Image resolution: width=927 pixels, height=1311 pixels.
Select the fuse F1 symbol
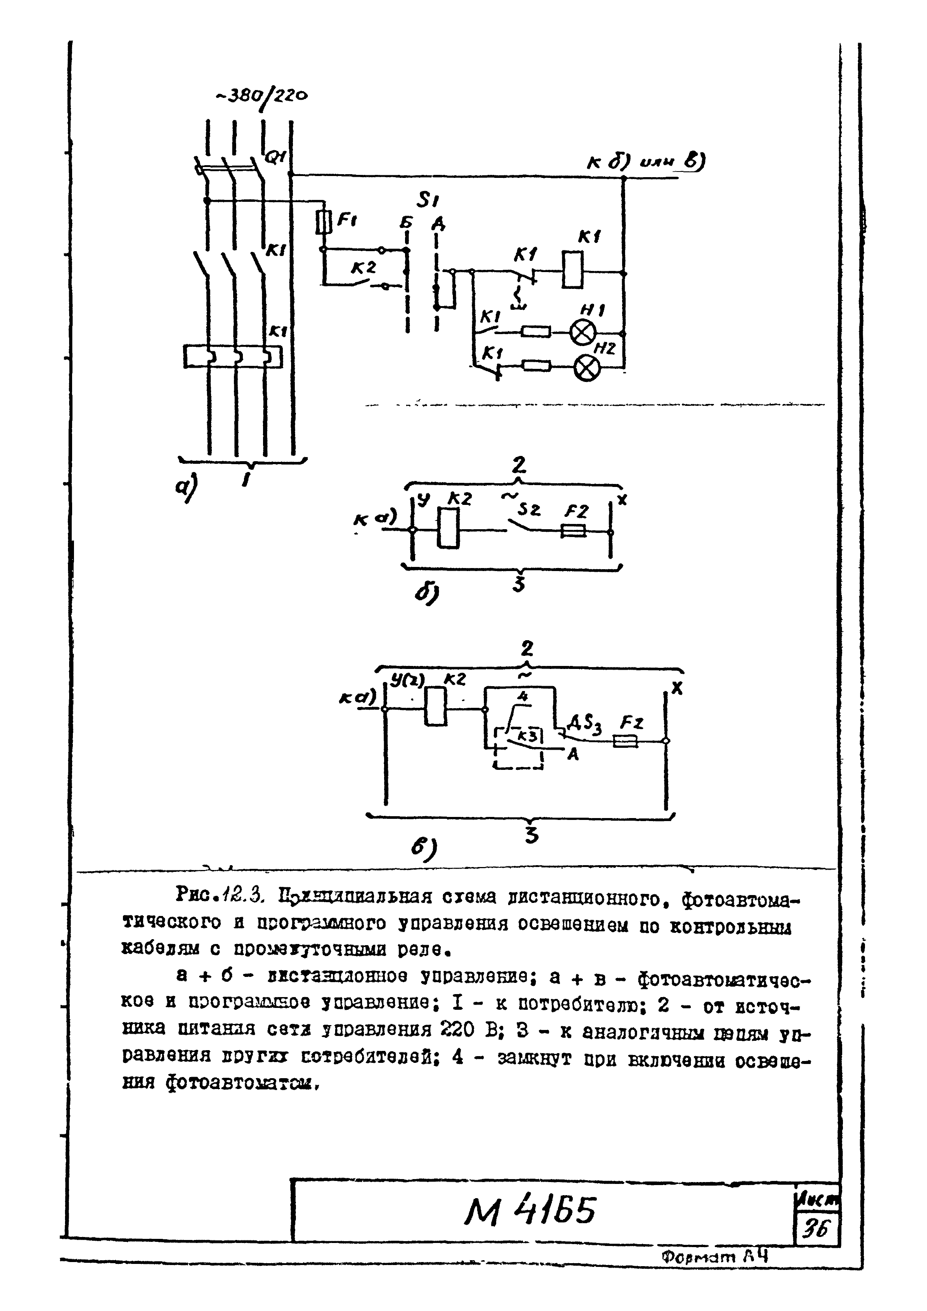click(x=323, y=222)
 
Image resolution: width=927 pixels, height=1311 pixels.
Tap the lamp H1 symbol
click(x=583, y=332)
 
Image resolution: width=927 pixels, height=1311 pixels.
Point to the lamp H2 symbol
click(x=587, y=367)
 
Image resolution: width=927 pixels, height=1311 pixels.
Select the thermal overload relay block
click(x=232, y=356)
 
